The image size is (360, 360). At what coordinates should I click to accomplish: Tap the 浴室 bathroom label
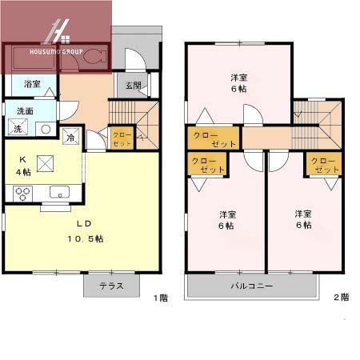click(x=32, y=84)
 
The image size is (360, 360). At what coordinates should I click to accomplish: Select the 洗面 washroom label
click(x=26, y=110)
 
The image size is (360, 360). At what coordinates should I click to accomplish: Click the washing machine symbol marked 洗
click(x=17, y=128)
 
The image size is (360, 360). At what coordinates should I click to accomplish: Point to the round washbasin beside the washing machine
click(x=46, y=128)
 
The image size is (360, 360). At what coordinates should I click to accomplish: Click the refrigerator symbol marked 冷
click(x=71, y=137)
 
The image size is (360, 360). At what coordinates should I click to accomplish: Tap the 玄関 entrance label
click(x=133, y=86)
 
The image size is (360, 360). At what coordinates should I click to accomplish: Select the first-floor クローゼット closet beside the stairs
click(x=122, y=138)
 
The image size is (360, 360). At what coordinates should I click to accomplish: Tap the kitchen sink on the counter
click(x=59, y=192)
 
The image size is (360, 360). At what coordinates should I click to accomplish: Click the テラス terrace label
click(x=112, y=286)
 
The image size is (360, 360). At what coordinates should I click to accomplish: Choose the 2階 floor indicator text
click(x=341, y=297)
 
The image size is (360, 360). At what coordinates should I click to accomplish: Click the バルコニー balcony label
click(x=252, y=286)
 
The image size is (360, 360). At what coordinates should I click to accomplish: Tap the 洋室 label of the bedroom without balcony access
click(x=238, y=84)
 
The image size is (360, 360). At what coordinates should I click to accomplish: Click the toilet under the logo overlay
click(x=93, y=58)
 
